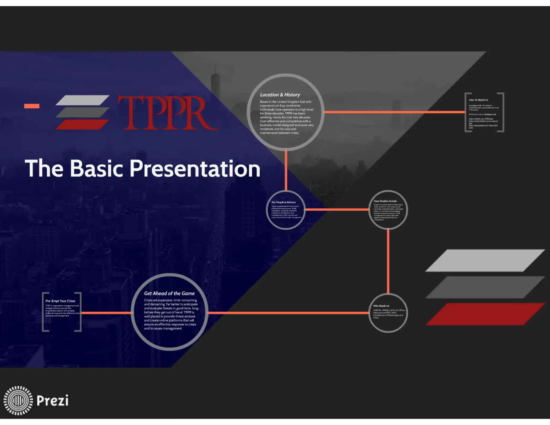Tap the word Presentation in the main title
[195, 168]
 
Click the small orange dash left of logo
[32, 106]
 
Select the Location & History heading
[280, 95]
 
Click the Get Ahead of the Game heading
[169, 293]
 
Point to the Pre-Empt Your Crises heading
[60, 301]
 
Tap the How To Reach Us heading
[479, 100]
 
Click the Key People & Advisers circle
[286, 210]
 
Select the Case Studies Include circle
[388, 210]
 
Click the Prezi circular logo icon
[18, 400]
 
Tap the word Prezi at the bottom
[53, 401]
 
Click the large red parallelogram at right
[485, 314]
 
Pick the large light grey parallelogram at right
[485, 260]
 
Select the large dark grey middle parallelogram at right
[485, 287]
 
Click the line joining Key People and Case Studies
[337, 209]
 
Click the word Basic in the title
[97, 168]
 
